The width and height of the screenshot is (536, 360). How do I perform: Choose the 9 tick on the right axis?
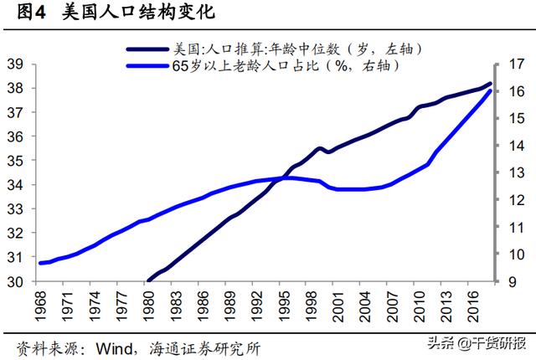pyautogui.click(x=514, y=282)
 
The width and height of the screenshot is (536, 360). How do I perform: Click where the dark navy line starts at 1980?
pyautogui.click(x=149, y=281)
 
